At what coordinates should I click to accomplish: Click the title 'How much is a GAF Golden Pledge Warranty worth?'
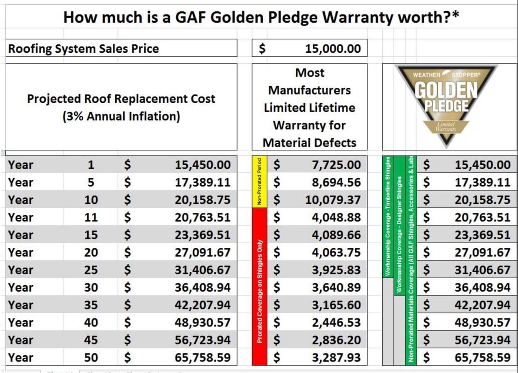[261, 17]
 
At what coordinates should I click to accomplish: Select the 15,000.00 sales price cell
[333, 49]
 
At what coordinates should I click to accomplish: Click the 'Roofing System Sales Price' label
[84, 49]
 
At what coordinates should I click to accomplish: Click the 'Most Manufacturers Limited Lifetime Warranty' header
[309, 107]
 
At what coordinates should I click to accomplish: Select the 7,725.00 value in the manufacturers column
[336, 165]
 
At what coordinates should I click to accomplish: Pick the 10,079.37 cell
[333, 200]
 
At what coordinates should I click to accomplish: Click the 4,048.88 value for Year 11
[336, 218]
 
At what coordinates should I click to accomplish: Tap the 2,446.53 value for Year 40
[336, 323]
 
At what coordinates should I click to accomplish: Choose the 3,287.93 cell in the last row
[336, 358]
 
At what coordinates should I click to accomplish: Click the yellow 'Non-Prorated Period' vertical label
[259, 182]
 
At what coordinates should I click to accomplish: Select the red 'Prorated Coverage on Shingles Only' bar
[259, 287]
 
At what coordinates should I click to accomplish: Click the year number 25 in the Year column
[91, 270]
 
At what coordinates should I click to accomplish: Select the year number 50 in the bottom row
[91, 358]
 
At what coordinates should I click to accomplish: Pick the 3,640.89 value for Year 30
[336, 288]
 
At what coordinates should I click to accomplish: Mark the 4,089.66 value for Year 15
[336, 235]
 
